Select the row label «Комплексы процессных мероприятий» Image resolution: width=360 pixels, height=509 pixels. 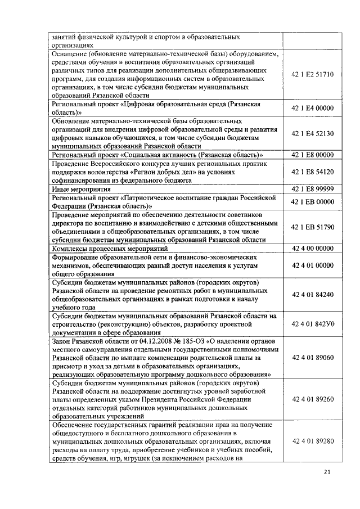[110, 248]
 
